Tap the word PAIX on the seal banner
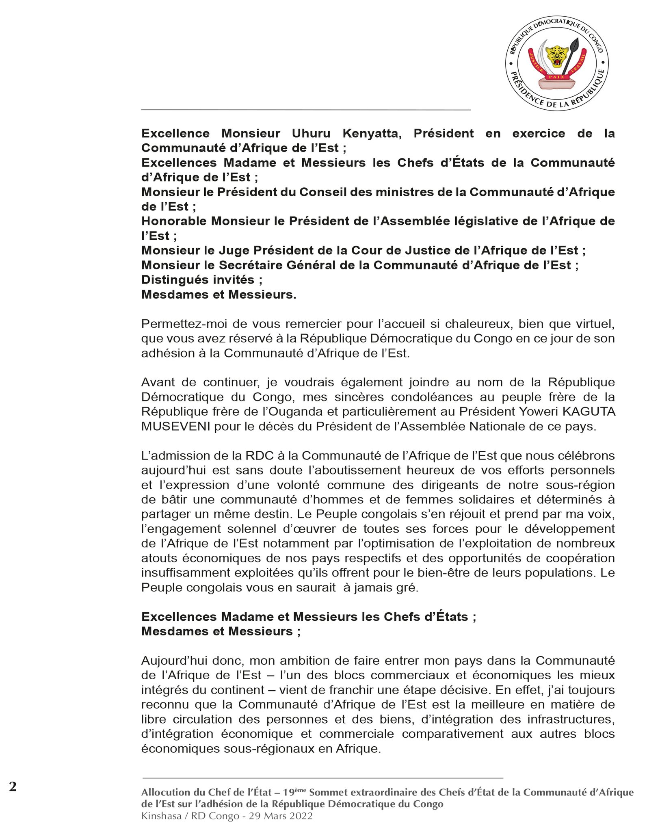click(556, 77)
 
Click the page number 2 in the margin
click(13, 787)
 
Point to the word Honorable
click(174, 221)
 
